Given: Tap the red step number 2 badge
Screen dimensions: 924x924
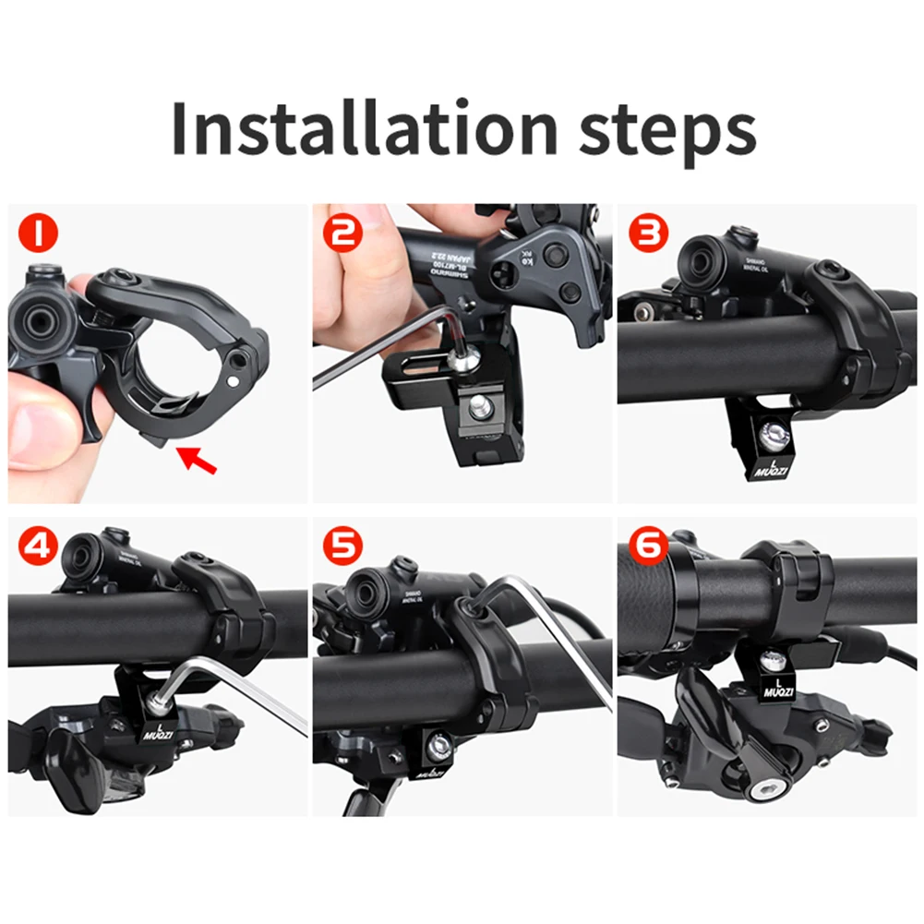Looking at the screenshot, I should pos(343,234).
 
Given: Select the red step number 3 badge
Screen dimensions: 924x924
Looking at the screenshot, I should pos(649,234).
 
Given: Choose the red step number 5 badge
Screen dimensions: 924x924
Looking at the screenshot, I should pos(343,546).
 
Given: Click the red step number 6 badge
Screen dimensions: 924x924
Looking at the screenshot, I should pos(649,546).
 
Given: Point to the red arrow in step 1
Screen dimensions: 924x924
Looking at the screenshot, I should pos(199,459).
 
